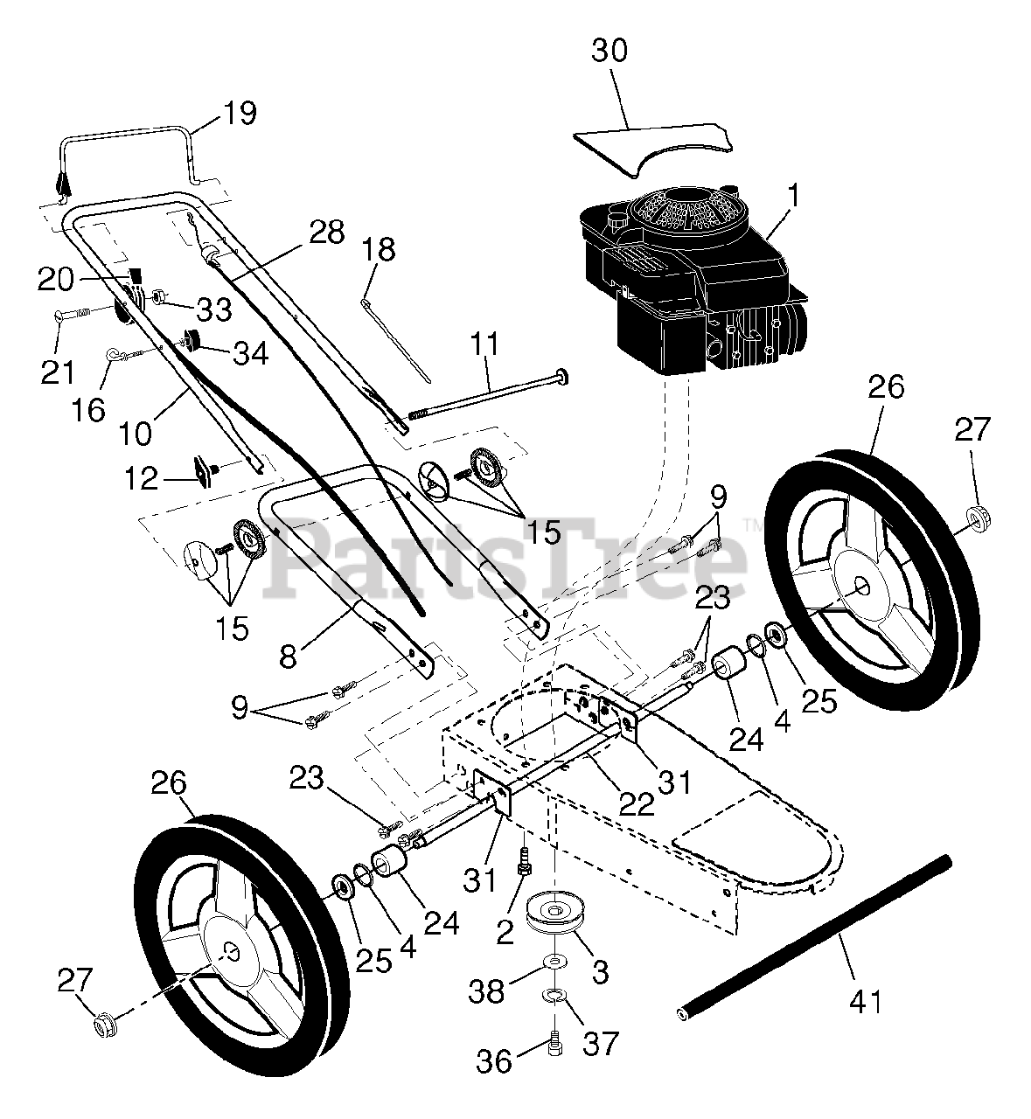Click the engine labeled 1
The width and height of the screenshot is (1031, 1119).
click(x=691, y=280)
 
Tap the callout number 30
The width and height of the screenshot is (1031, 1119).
click(x=610, y=51)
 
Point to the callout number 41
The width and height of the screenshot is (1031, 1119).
click(x=866, y=1000)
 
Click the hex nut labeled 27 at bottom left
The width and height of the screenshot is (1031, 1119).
click(x=103, y=1022)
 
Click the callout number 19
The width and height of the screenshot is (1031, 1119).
click(x=240, y=114)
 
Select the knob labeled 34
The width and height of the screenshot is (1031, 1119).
click(x=190, y=341)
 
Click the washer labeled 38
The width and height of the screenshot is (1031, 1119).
click(x=553, y=963)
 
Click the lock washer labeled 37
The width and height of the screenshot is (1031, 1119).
click(x=553, y=995)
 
